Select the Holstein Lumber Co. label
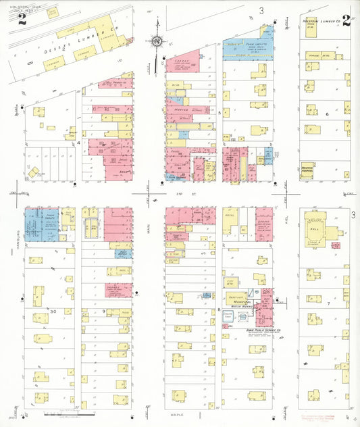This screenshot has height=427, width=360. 319,22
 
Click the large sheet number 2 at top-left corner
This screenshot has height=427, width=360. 22,18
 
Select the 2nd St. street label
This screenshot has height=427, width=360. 180,193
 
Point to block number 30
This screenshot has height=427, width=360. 53,311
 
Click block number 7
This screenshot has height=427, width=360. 328,303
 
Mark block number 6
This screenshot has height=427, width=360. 328,114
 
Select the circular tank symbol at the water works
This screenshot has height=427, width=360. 257,291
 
